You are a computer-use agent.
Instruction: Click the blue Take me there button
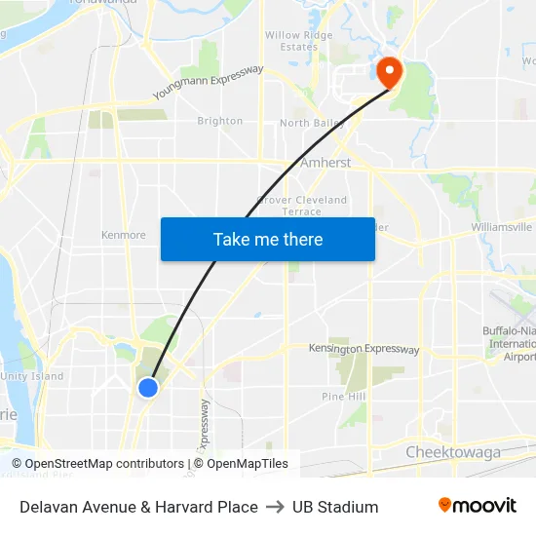(267, 239)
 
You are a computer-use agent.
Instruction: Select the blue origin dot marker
(148, 388)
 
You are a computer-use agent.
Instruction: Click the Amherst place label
(325, 163)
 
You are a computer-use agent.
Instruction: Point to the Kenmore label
(124, 235)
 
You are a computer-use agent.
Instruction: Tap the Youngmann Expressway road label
(209, 83)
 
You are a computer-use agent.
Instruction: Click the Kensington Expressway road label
(364, 349)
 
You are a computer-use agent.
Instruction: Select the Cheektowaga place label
(453, 452)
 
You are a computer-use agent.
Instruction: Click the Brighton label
(220, 121)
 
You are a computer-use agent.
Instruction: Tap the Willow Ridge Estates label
(299, 41)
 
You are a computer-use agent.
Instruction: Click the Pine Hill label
(343, 397)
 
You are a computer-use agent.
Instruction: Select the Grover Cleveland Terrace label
(302, 206)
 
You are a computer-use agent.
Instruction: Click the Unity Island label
(32, 376)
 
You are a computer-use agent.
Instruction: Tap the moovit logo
(477, 506)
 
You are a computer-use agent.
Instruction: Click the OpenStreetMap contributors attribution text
(97, 464)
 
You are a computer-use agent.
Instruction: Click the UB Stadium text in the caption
(335, 507)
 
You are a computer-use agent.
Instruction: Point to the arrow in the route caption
(275, 507)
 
